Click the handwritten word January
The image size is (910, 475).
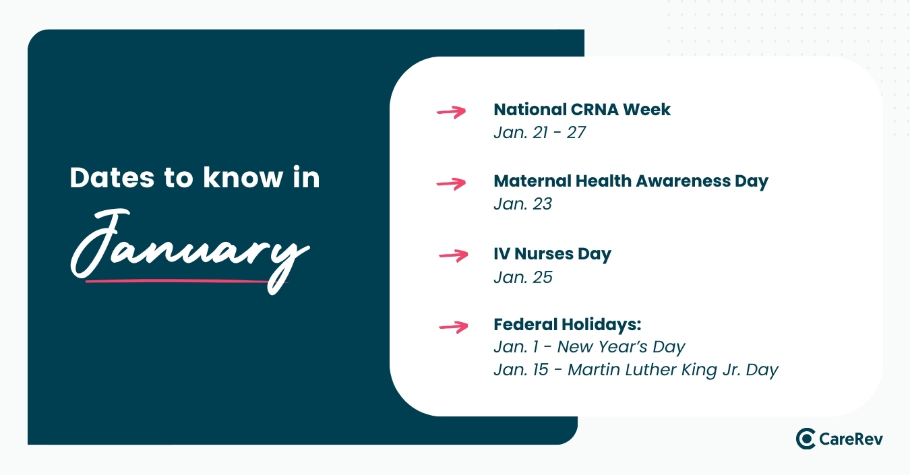pos(190,251)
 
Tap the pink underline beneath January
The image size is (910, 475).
pos(186,281)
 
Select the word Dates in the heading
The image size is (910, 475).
pos(112,178)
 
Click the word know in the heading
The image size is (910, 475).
pos(243,177)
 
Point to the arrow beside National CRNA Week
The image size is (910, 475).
pos(452,112)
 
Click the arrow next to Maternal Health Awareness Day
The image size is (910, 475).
pos(452,183)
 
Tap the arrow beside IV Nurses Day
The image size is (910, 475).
pos(454,255)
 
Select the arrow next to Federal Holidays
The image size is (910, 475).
pos(454,327)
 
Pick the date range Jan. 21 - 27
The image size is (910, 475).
pos(539,133)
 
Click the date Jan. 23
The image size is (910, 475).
pos(523,204)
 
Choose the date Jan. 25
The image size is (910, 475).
pos(523,278)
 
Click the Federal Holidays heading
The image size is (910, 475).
pos(568,325)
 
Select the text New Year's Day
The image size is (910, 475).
pos(621,347)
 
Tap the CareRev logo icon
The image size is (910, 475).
pos(806,439)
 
